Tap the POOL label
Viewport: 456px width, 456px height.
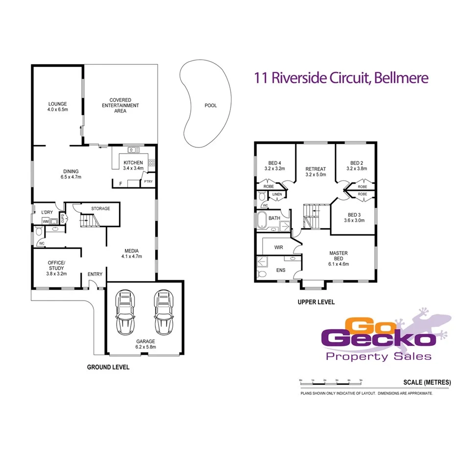coord(210,106)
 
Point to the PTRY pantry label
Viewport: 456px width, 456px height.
coord(148,182)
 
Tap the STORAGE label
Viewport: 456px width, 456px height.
coord(100,208)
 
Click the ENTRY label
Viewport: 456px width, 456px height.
coord(95,274)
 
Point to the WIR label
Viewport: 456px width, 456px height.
coord(278,248)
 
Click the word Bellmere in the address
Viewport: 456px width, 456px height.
coord(401,78)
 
